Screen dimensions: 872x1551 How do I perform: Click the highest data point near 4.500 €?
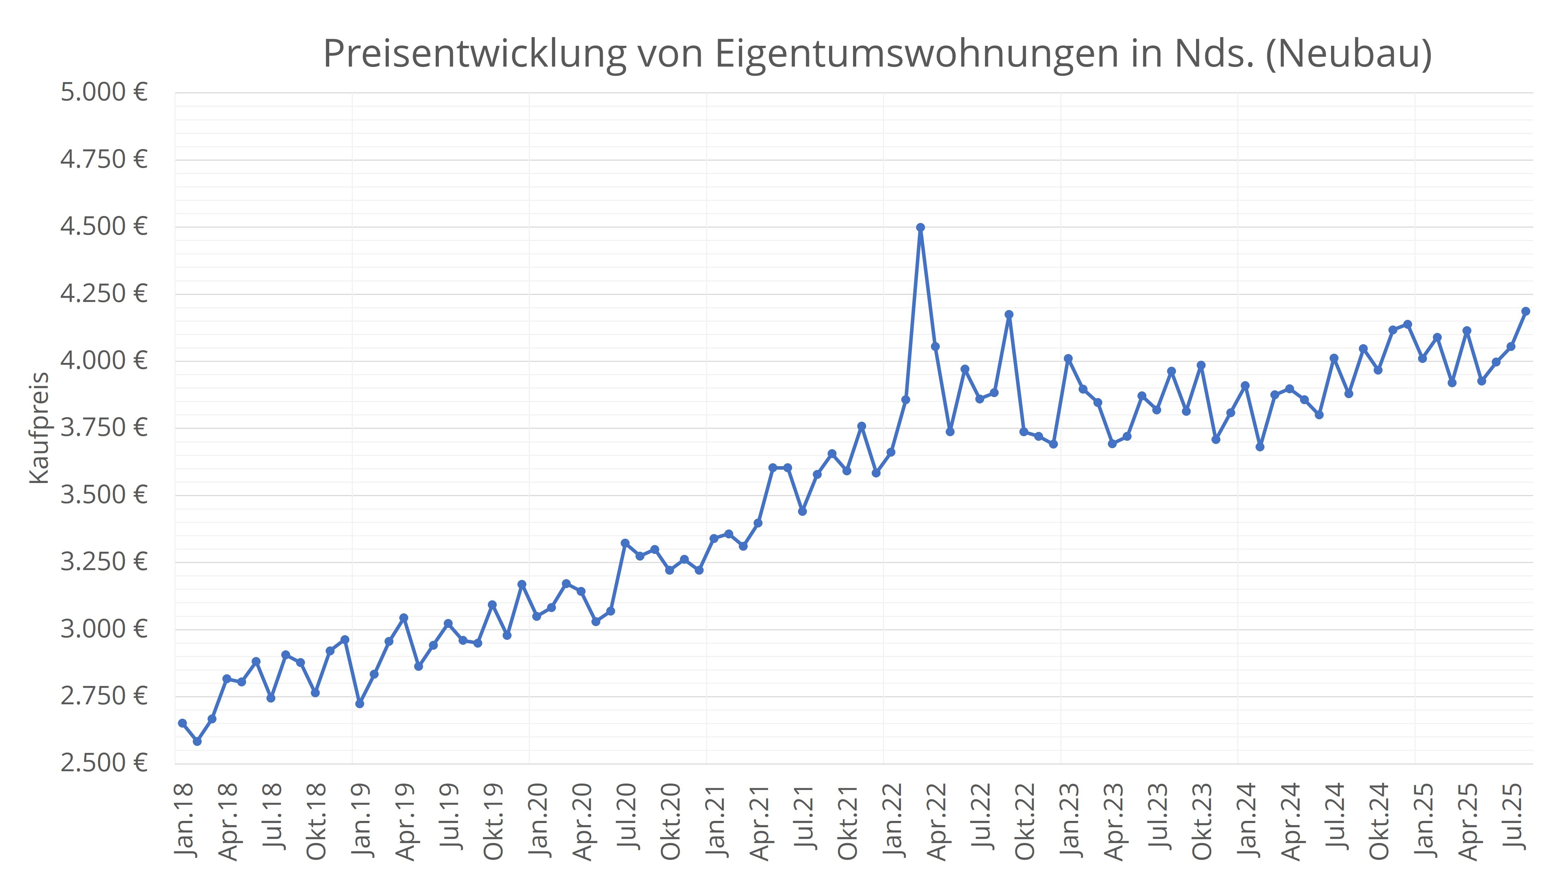tap(920, 228)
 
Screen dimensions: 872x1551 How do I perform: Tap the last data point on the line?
tap(1525, 311)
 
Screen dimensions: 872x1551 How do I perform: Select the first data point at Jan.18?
tap(183, 723)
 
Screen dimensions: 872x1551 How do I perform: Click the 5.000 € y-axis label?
tap(104, 93)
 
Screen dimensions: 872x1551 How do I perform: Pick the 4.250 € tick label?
tap(104, 294)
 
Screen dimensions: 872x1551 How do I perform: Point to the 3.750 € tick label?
tap(104, 428)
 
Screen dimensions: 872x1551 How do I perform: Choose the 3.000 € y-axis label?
tap(104, 629)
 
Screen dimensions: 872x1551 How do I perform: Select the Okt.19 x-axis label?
tap(494, 822)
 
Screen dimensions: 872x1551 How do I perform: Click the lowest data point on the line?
tap(197, 741)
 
